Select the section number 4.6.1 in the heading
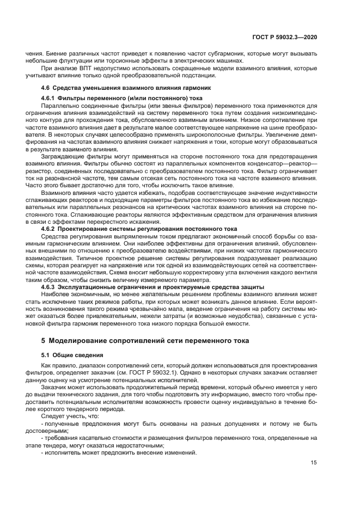(50, 97)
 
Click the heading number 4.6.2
(50, 229)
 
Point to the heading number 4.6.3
(50, 286)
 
